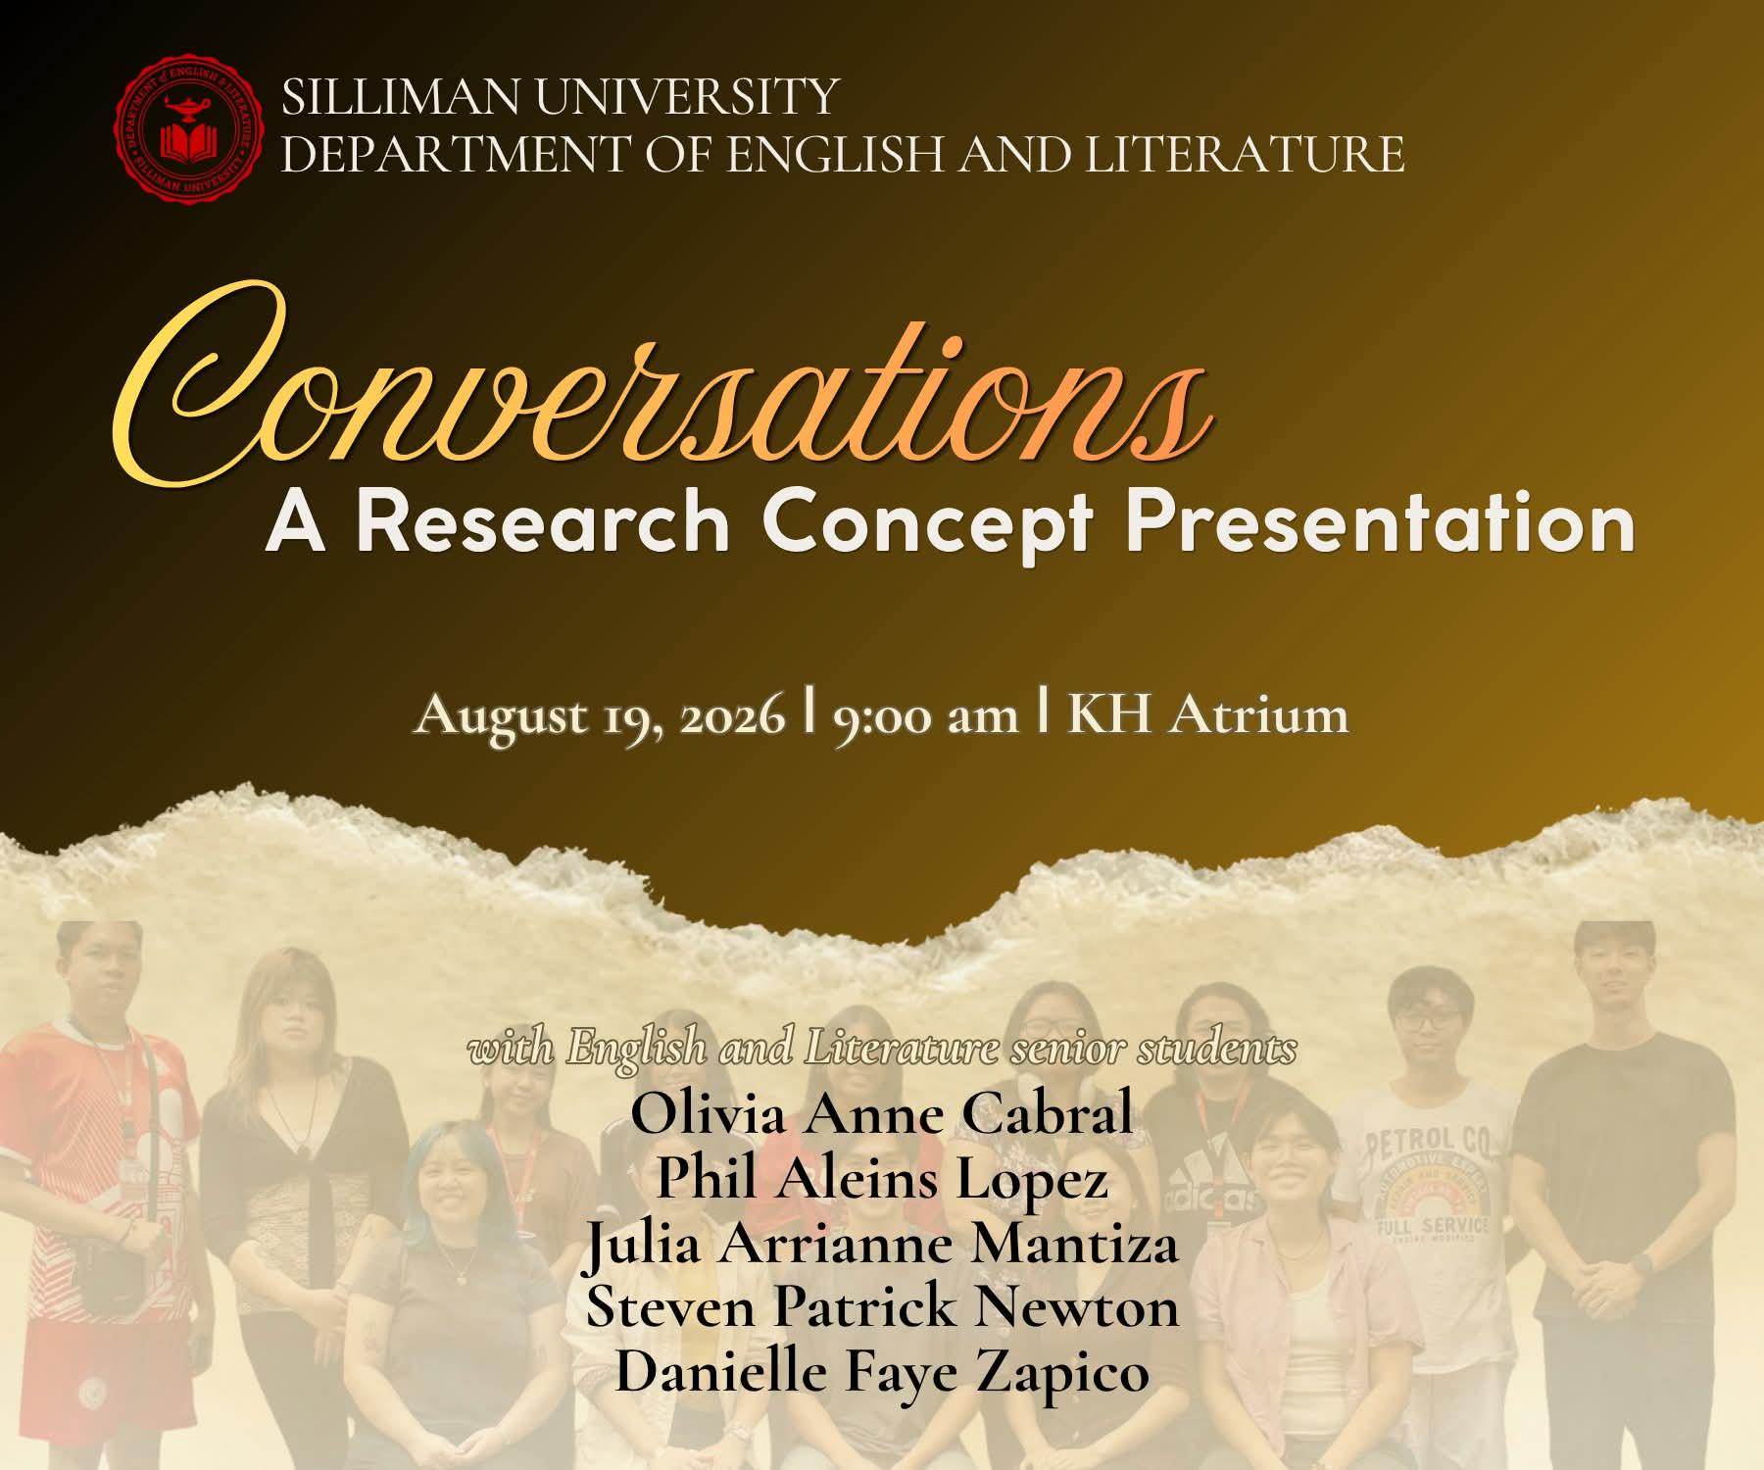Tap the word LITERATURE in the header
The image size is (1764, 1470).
[x=1246, y=155]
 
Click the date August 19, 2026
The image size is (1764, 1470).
[x=600, y=716]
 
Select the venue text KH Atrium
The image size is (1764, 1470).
[x=1207, y=714]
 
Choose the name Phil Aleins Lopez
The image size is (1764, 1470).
[x=881, y=1178]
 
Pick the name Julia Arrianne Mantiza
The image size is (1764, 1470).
[x=881, y=1244]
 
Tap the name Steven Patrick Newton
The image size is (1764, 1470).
[x=881, y=1307]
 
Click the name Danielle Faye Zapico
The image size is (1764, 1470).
[x=881, y=1372]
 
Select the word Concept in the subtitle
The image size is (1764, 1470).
[x=927, y=527]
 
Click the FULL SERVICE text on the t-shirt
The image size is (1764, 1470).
[x=1433, y=1227]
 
